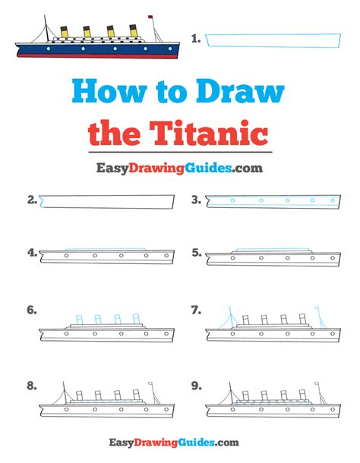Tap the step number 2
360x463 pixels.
tap(32, 200)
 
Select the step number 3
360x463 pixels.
tap(196, 200)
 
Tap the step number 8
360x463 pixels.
tap(32, 386)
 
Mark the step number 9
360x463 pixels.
tap(196, 386)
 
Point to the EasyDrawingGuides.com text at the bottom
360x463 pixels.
tap(180, 442)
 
